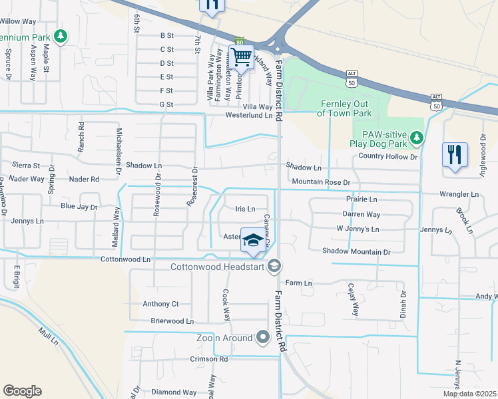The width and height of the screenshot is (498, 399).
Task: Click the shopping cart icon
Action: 241,56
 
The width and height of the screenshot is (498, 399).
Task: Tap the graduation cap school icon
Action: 252,241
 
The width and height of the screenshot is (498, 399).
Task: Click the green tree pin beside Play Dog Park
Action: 417,138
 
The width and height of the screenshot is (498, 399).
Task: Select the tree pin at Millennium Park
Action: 61,35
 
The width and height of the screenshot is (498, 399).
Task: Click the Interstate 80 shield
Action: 240,41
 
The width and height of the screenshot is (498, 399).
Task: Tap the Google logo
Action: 22,391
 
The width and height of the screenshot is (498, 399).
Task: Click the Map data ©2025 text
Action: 469,394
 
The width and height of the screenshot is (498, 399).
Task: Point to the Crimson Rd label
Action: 209,358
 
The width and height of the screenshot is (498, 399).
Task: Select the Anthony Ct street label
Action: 161,304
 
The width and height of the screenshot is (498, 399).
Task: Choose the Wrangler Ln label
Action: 459,195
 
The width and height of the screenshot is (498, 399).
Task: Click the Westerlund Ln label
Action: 250,115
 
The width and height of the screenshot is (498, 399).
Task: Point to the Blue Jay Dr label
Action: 79,207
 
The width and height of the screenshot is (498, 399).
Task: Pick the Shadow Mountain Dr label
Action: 356,252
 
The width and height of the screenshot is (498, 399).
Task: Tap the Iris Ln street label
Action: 246,209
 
